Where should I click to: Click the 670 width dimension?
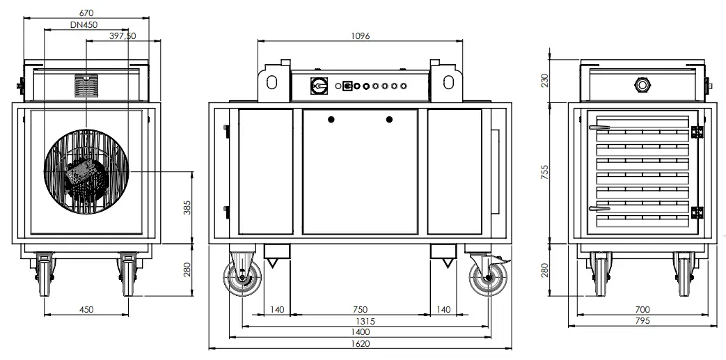pos(86,13)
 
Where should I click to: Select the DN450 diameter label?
pos(84,24)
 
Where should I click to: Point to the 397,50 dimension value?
pos(123,36)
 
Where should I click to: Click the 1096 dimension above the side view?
pos(359,36)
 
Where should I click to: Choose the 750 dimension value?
pos(359,309)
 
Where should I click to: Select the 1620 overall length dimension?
pos(360,343)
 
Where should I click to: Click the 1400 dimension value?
pos(360,332)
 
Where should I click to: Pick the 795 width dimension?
pos(642,320)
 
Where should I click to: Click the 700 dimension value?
pos(642,309)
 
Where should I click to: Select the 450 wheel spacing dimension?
pos(86,309)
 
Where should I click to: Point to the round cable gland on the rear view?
pos(640,85)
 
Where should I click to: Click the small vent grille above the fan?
pos(87,87)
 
